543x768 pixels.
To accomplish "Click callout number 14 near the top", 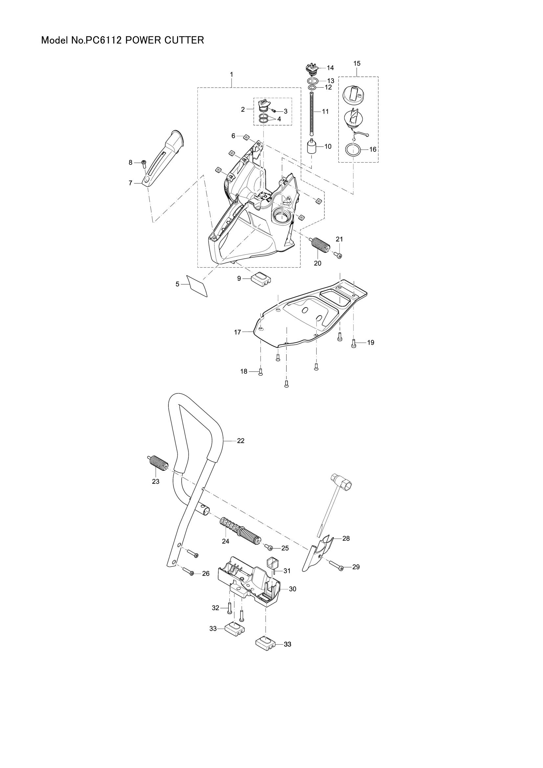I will click(330, 68).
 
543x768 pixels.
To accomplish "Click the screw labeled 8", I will click(144, 163).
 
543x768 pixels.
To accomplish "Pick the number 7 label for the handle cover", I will click(130, 183).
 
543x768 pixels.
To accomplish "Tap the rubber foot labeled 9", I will click(261, 278).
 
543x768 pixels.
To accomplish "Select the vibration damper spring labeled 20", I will click(320, 247).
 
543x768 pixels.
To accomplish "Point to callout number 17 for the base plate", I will click(237, 332).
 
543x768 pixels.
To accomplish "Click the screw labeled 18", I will click(260, 372).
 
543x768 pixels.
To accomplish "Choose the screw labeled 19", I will click(354, 342).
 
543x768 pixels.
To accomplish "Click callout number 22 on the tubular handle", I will click(240, 441).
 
